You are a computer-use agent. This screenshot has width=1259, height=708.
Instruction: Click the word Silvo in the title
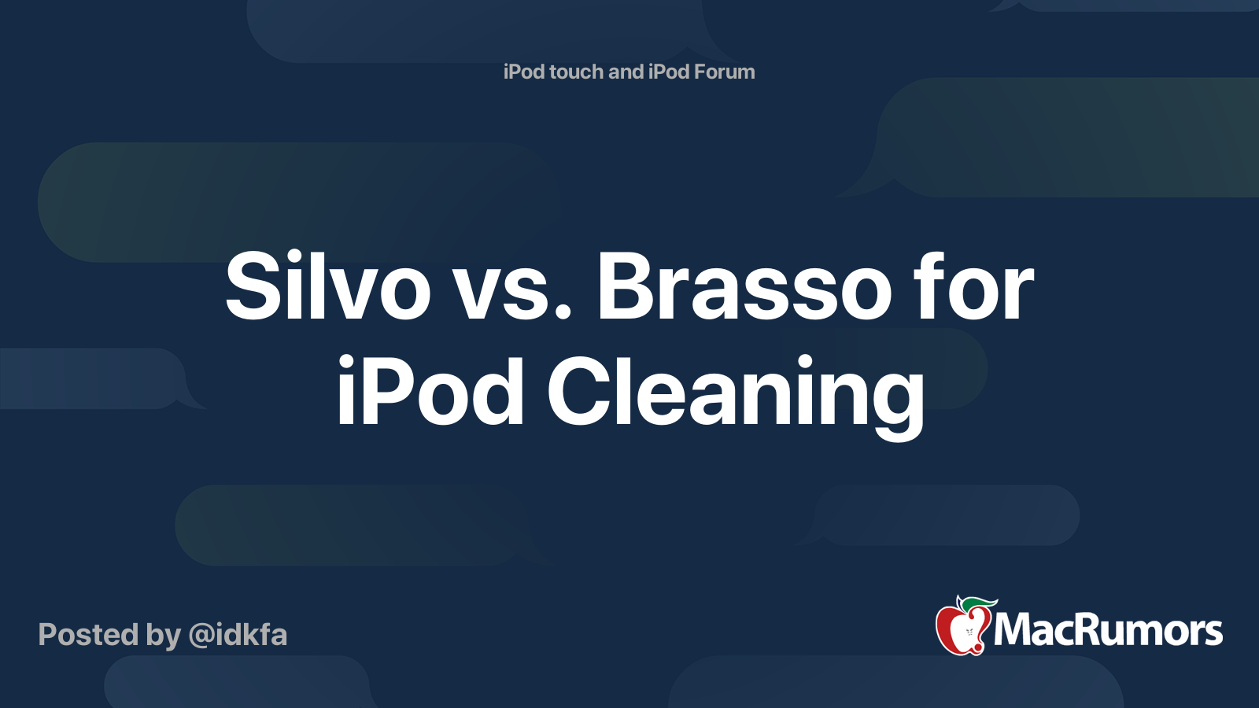click(327, 287)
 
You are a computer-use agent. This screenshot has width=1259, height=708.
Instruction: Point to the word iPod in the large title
click(430, 391)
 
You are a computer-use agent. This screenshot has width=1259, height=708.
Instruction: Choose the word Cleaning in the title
click(736, 391)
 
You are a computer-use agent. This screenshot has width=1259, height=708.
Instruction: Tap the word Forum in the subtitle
click(724, 72)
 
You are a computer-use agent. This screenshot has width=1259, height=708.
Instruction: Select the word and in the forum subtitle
click(626, 72)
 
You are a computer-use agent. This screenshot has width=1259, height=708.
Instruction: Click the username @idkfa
click(238, 635)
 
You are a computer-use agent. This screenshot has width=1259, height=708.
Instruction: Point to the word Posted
click(88, 635)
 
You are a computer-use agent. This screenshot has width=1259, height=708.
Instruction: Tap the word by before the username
click(164, 635)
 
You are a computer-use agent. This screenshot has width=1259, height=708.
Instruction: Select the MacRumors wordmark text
click(1108, 630)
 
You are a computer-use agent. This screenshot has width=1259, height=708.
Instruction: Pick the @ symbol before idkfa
click(202, 636)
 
